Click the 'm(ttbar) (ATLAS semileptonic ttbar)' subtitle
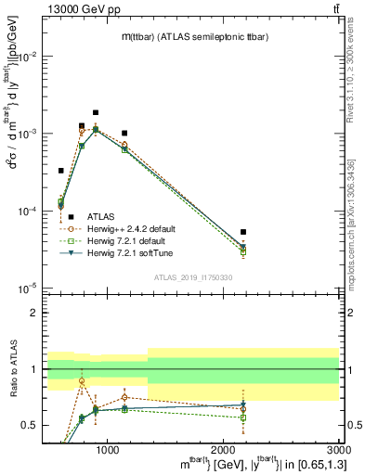[x=195, y=36]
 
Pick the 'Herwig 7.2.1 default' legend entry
[x=124, y=240]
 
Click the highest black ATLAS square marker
[x=96, y=112]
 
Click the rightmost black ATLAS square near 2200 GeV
[x=243, y=232]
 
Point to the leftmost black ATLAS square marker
[x=61, y=171]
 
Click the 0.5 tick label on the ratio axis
[x=31, y=426]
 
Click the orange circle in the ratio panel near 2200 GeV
[x=243, y=409]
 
